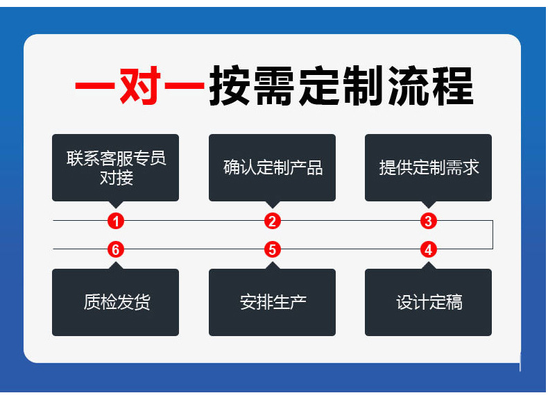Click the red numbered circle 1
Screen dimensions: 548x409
(116, 222)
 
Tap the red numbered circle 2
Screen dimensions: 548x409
(273, 222)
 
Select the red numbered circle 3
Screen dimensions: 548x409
(429, 222)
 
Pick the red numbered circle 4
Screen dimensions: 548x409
(429, 249)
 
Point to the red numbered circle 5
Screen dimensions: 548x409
(273, 249)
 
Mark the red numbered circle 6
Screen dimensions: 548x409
(116, 249)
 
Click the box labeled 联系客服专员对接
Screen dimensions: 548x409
(116, 167)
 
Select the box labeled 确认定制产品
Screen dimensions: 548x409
(273, 167)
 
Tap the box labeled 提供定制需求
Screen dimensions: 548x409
(429, 167)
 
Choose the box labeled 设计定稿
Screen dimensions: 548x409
(429, 302)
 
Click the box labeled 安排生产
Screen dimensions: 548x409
(273, 302)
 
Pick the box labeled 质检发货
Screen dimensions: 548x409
(116, 302)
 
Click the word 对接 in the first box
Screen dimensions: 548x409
(116, 178)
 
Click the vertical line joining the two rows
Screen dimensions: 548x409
(493, 235)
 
